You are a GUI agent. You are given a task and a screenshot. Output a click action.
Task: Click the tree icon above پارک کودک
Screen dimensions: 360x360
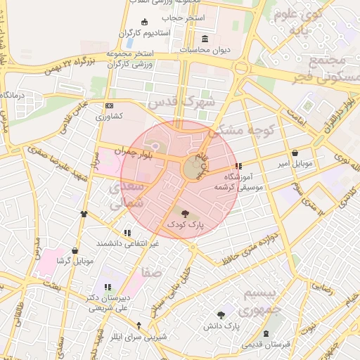(x=185, y=212)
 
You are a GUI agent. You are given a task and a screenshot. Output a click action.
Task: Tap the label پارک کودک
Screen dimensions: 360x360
(x=185, y=224)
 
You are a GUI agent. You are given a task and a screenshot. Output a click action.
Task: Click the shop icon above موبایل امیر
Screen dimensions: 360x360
(x=294, y=153)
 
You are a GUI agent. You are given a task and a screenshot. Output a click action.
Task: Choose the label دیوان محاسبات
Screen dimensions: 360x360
(x=205, y=50)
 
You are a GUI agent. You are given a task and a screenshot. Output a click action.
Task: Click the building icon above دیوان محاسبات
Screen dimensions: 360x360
(x=205, y=39)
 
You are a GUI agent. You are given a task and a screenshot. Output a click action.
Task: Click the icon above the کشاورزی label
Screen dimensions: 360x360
(x=109, y=105)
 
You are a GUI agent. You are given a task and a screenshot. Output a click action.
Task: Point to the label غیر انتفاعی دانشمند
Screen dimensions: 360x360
(x=127, y=243)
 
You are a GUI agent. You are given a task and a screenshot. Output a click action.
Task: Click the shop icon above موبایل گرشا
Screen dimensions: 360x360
(x=75, y=250)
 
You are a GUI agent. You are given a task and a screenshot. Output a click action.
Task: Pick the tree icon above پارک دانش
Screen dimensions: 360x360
(x=222, y=315)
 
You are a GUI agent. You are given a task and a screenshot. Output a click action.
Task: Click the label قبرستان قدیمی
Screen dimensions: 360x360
(x=266, y=345)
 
